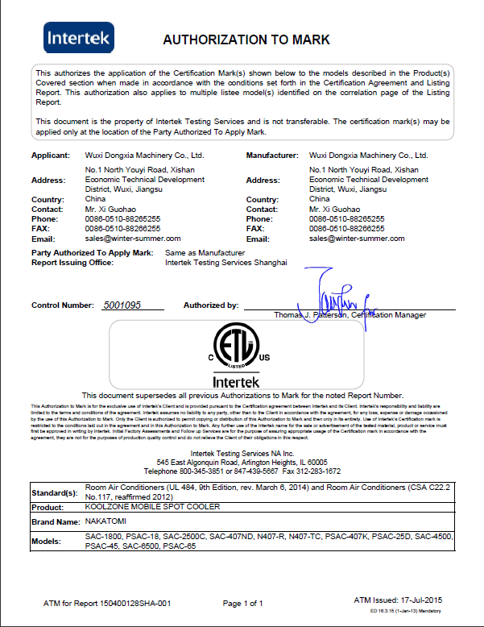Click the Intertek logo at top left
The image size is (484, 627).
coord(80,37)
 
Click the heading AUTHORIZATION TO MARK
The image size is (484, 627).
coord(246,39)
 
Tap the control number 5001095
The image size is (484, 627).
coord(122,305)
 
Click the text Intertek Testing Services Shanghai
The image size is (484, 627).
coord(225,263)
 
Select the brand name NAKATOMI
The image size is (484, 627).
coord(105,524)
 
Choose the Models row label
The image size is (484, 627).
coord(48,542)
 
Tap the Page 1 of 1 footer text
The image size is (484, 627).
coord(243,603)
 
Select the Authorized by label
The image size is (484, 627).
coord(211,305)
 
